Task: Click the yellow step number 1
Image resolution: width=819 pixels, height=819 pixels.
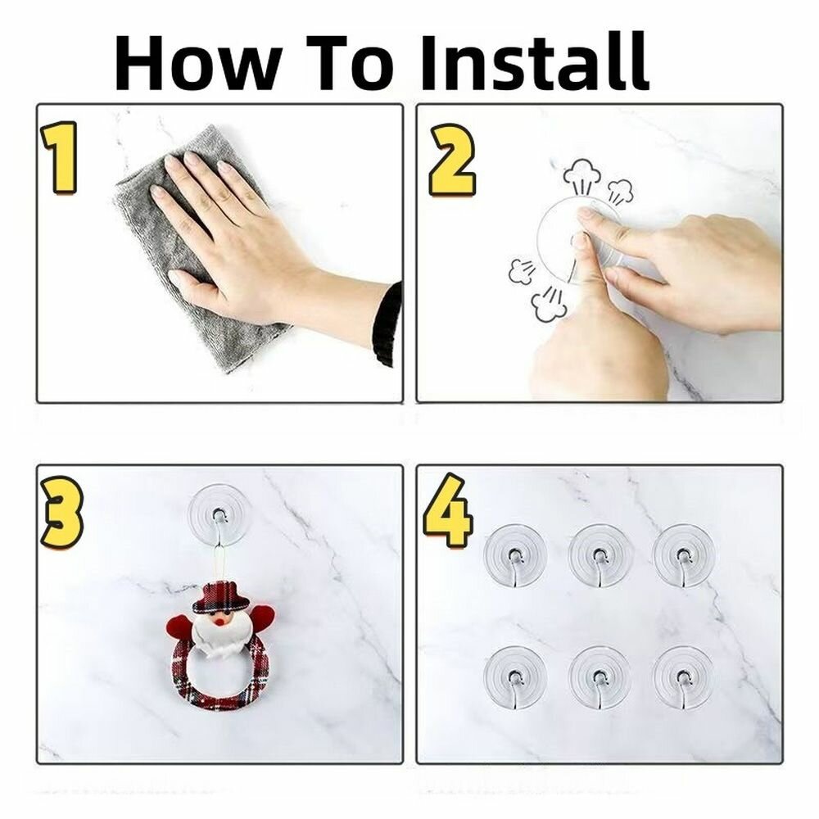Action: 60,158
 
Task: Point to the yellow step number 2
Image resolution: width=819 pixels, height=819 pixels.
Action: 452,160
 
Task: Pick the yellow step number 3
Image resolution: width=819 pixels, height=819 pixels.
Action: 61,513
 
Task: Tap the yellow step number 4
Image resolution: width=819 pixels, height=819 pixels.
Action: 448,509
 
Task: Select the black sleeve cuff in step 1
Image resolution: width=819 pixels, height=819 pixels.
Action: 387,324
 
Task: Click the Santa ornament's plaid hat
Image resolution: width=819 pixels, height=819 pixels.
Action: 221,598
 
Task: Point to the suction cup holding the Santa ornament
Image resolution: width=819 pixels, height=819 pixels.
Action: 219,515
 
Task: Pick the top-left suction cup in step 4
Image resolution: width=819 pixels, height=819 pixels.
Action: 515,556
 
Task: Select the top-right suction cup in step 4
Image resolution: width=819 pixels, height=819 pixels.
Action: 684,555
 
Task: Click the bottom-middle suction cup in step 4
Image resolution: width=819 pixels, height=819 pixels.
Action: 600,678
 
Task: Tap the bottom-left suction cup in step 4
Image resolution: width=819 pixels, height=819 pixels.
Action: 515,678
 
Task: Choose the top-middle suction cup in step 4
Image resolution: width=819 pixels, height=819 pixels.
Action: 600,556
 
